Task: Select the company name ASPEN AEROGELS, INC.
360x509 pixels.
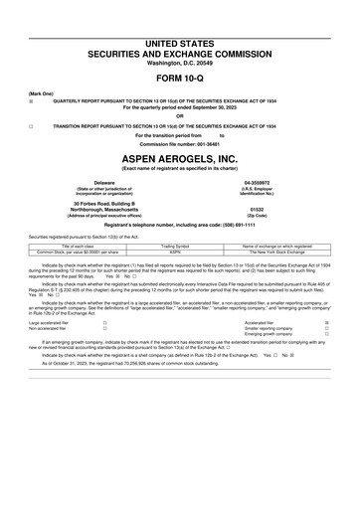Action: tap(179, 159)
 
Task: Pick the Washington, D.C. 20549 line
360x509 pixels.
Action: tap(179, 63)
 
